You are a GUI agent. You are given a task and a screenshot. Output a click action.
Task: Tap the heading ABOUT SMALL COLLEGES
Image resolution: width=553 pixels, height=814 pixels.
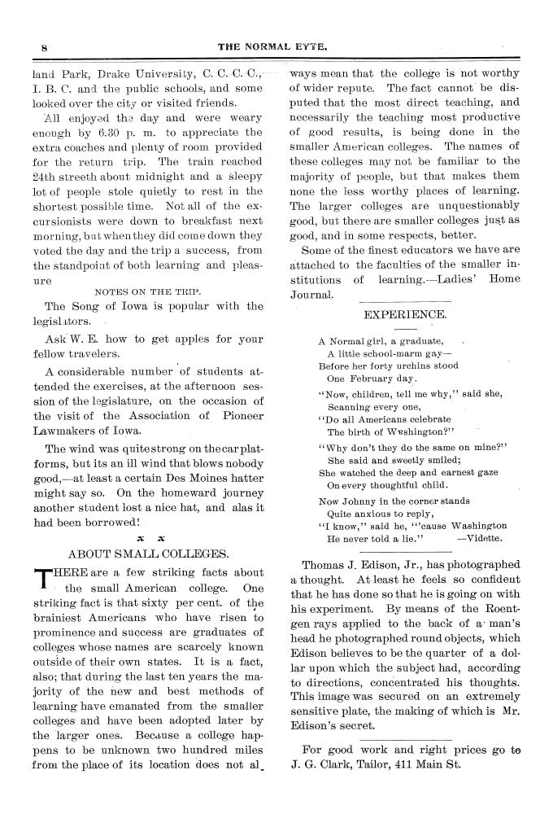pyautogui.click(x=148, y=554)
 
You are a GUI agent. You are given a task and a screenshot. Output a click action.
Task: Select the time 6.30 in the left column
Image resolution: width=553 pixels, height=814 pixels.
pyautogui.click(x=103, y=132)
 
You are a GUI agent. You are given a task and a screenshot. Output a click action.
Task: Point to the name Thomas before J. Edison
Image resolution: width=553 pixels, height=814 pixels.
pyautogui.click(x=326, y=564)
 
